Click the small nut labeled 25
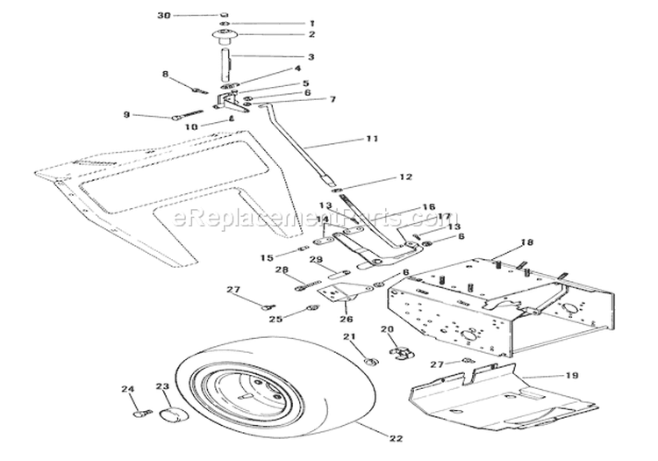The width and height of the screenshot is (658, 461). pyautogui.click(x=314, y=308)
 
